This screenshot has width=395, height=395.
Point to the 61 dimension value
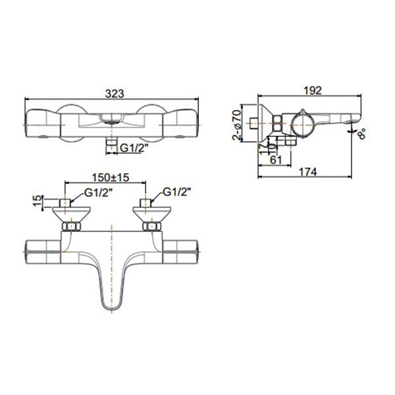pyautogui.click(x=276, y=159)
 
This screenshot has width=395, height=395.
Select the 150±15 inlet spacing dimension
pyautogui.click(x=109, y=178)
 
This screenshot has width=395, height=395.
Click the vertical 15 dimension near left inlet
pyautogui.click(x=38, y=199)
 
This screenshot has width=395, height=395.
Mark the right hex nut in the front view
pyautogui.click(x=152, y=227)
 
